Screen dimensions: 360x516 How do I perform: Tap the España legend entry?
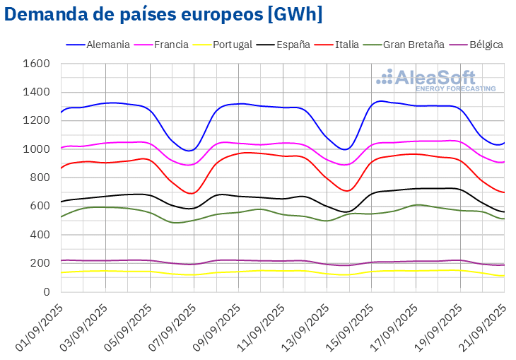(288, 45)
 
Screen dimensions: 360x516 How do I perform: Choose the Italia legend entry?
(344, 45)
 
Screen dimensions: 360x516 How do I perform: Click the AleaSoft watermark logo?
(435, 80)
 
